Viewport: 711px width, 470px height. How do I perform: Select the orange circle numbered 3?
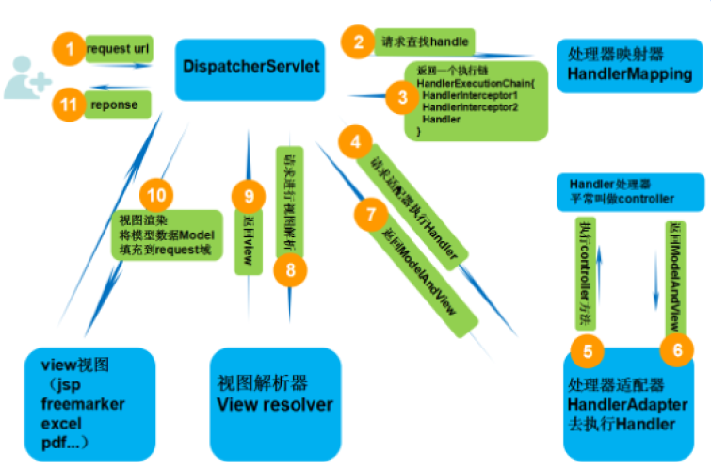(x=402, y=96)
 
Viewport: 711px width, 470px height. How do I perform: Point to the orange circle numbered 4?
(x=354, y=143)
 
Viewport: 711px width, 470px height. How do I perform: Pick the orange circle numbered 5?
(x=588, y=352)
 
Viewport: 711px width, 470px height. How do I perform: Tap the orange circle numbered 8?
(x=291, y=270)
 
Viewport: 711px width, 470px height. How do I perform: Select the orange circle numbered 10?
(x=157, y=195)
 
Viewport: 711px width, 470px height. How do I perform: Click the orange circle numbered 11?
(x=69, y=105)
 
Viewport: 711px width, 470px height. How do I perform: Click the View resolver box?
(x=274, y=395)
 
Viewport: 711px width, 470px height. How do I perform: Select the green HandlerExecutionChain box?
(x=477, y=101)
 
